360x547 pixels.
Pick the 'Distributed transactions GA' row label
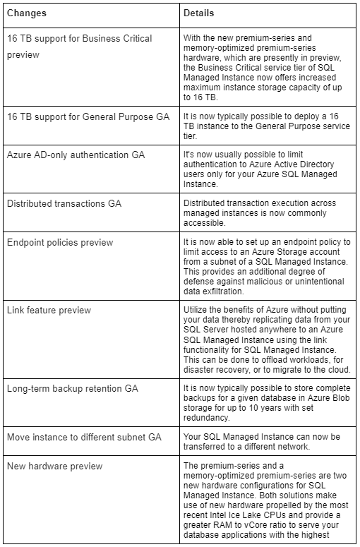pyautogui.click(x=64, y=203)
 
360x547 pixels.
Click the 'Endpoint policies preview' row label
pyautogui.click(x=60, y=243)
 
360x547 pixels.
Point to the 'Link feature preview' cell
pyautogui.click(x=49, y=311)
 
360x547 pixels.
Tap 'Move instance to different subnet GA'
pyautogui.click(x=84, y=437)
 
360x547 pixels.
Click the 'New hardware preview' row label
pyautogui.click(x=54, y=466)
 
